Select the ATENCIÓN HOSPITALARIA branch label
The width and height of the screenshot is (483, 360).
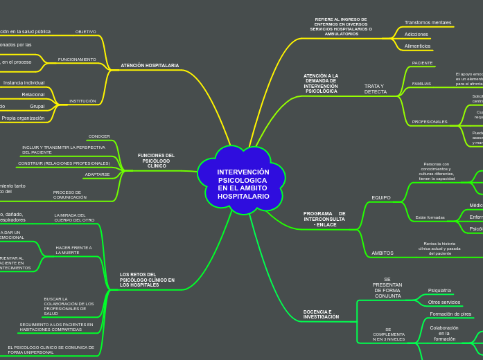coord(150,66)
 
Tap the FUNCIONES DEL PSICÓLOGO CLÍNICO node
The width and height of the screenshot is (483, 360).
coord(157,161)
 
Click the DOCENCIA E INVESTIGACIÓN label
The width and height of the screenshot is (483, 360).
coord(322,314)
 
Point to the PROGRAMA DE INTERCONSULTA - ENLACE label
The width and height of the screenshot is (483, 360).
coord(324,219)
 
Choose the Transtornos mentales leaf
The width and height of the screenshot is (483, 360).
coord(428,23)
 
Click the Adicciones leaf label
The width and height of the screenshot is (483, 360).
coord(416,34)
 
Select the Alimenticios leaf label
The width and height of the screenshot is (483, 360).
coord(418,46)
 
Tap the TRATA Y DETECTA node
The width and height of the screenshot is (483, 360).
coord(376,89)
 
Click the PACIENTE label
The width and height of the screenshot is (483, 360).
coord(422,63)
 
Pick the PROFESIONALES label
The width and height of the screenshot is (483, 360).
coord(430,122)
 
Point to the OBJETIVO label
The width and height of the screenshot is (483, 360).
coord(86,32)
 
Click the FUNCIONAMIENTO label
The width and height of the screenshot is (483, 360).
coord(77,60)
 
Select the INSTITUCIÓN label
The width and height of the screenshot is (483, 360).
coord(82,101)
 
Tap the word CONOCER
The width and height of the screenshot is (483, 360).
coord(99,136)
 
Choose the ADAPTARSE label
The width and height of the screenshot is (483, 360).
coord(97,174)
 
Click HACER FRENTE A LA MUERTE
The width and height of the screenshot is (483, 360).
coord(73,250)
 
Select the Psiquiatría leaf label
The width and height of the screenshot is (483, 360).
coord(439,291)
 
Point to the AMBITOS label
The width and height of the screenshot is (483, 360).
coord(383,253)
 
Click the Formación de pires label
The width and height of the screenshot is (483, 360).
coord(450,314)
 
